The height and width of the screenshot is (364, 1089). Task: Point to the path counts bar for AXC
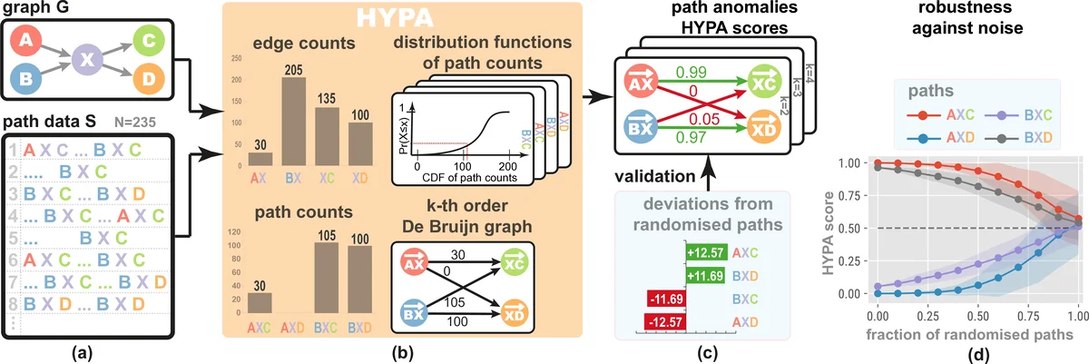click(260, 305)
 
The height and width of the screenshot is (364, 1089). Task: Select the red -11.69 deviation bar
click(664, 299)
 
